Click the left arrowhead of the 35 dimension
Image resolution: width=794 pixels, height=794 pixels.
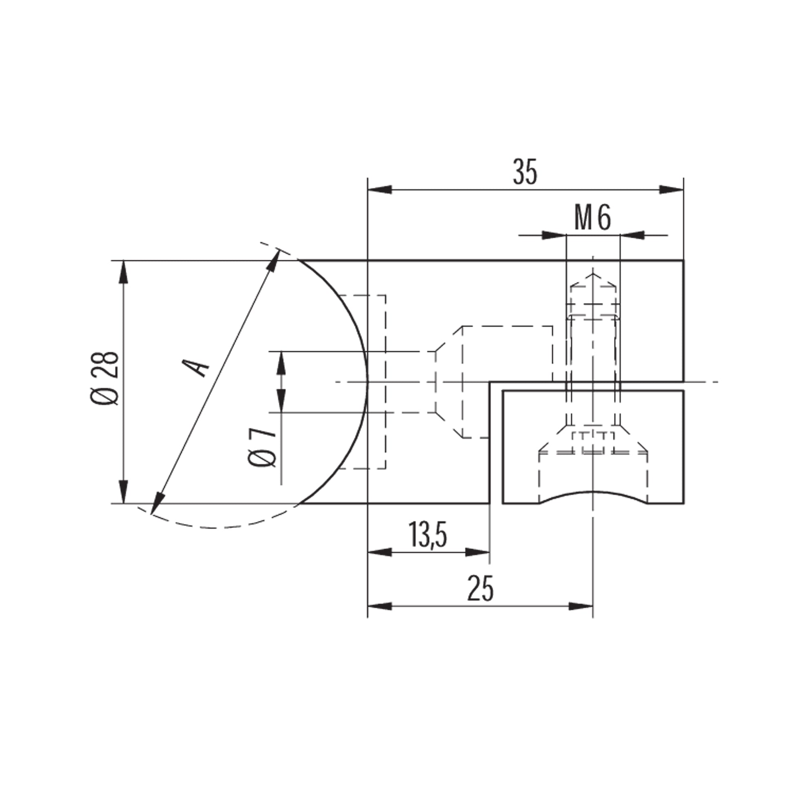pos(379,189)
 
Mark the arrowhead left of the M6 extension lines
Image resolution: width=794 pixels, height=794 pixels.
pos(554,235)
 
